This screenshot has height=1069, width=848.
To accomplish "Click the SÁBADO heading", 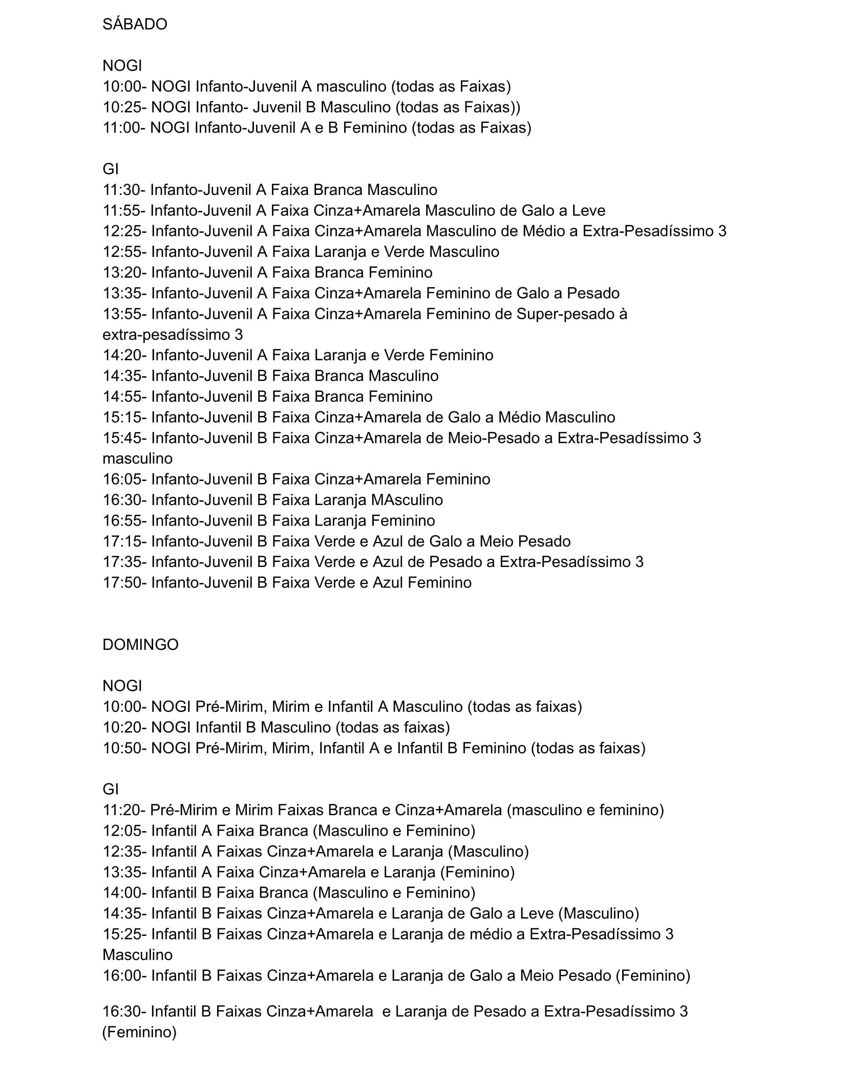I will [x=135, y=25].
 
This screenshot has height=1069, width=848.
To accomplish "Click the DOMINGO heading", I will [x=140, y=644].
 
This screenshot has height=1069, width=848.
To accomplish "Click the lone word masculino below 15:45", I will [x=137, y=459].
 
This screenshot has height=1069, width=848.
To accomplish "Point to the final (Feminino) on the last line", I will [x=139, y=1032].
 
